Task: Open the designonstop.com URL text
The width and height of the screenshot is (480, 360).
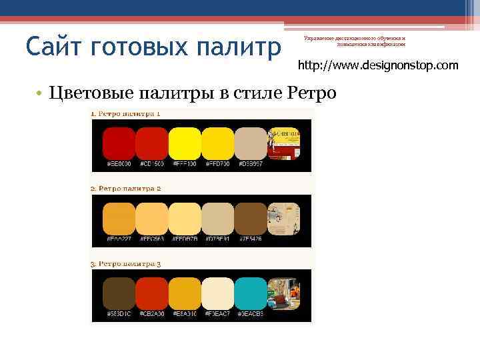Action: point(378,65)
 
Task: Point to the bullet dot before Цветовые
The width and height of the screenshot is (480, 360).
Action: point(41,92)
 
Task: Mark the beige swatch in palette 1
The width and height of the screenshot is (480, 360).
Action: point(251,142)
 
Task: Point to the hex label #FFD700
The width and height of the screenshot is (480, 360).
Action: point(217,163)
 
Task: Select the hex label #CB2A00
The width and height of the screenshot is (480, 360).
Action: point(152,313)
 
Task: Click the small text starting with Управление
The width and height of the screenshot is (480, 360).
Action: point(355,41)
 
